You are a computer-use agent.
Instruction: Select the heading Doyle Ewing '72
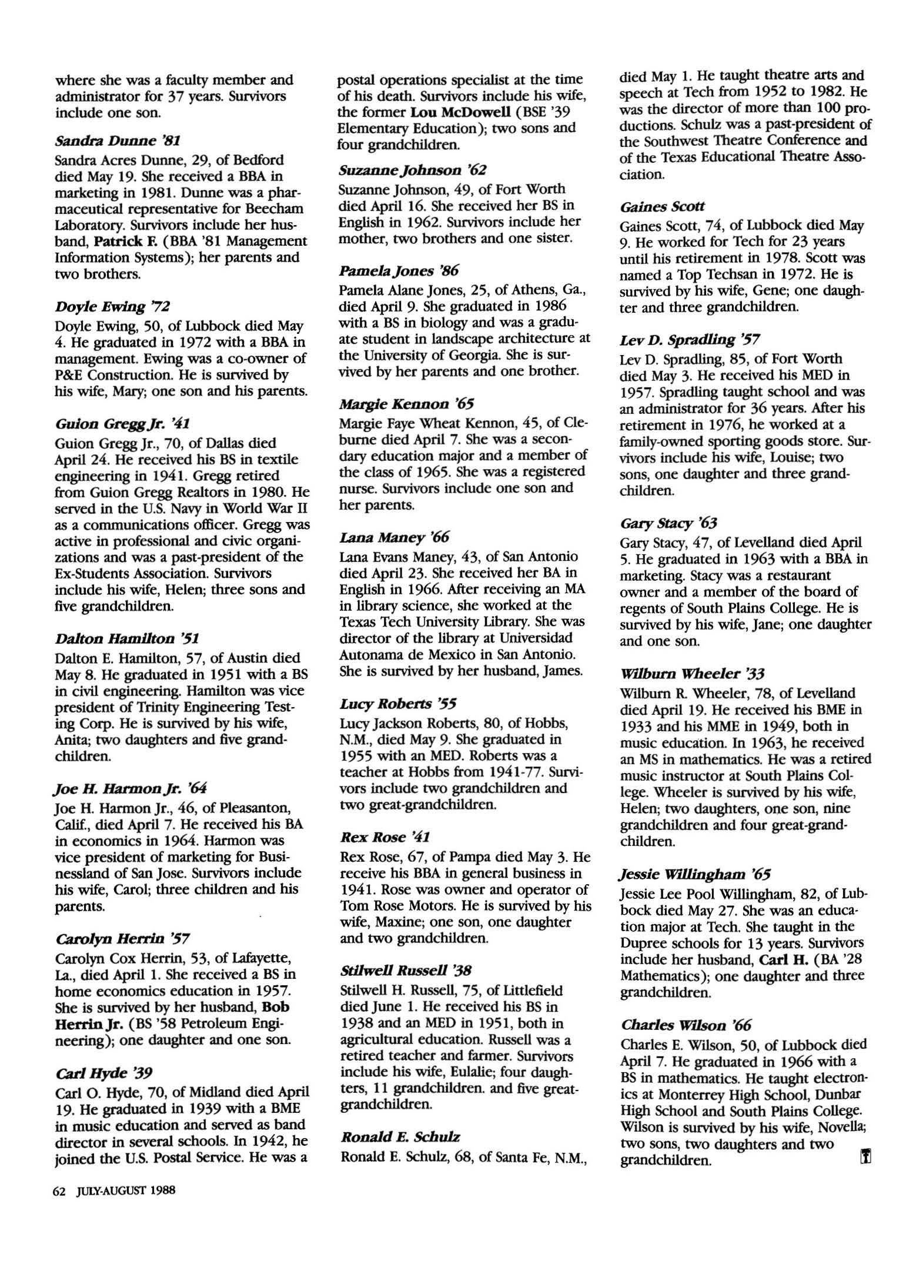click(x=112, y=306)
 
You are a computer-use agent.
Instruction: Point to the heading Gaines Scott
click(x=662, y=206)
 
